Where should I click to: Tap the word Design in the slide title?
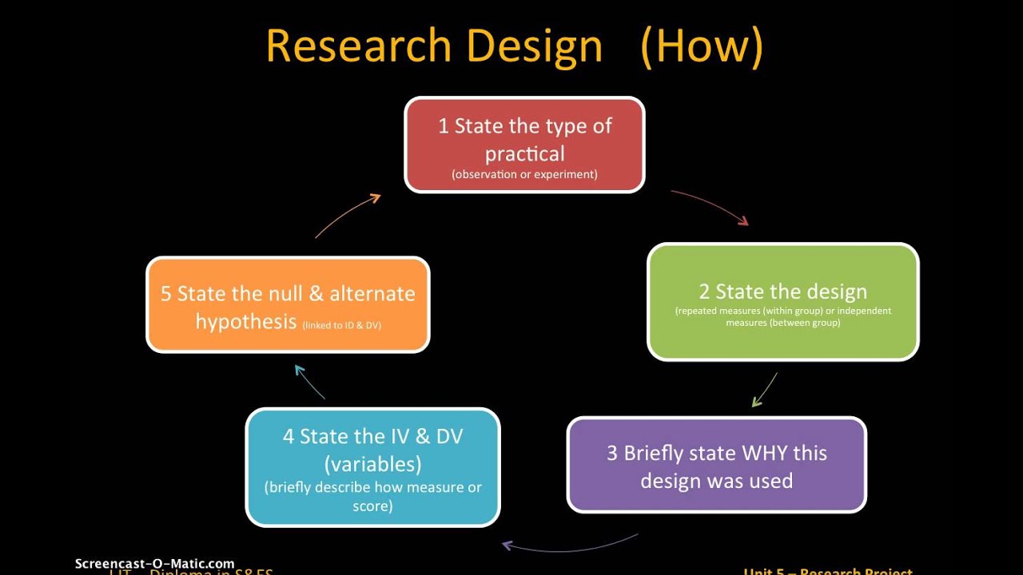[535, 47]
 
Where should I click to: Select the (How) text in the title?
[702, 47]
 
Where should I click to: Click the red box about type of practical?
[524, 145]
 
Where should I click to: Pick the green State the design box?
[782, 302]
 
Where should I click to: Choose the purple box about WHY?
[716, 465]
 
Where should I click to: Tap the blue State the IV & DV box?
[372, 468]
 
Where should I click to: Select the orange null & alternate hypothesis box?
[288, 305]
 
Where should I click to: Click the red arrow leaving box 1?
[710, 207]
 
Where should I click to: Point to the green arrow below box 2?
[765, 390]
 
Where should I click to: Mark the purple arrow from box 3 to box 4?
[569, 545]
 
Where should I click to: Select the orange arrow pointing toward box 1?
[348, 216]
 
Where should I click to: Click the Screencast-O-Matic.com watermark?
[154, 564]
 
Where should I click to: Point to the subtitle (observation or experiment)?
[524, 174]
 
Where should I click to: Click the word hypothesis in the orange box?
[246, 322]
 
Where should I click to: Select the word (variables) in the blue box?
[372, 464]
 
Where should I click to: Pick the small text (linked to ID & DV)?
[342, 325]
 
